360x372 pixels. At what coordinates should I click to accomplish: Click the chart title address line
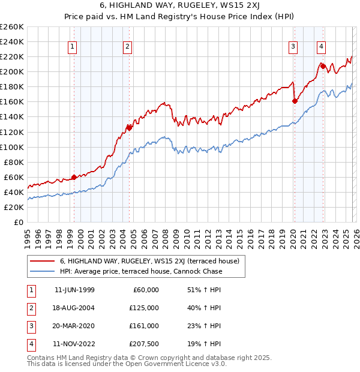point(179,7)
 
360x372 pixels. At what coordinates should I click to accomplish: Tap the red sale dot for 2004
point(129,127)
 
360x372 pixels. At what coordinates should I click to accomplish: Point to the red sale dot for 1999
point(74,177)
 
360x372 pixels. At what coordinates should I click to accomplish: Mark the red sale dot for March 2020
point(295,101)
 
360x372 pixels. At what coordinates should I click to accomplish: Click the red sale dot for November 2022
point(323,65)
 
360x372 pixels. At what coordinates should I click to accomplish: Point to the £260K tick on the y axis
point(12,27)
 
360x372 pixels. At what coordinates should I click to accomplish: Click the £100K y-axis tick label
point(12,147)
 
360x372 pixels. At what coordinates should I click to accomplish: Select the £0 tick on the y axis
point(20,222)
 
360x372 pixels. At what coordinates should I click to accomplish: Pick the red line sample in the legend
point(42,261)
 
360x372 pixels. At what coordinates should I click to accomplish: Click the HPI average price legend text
point(141,271)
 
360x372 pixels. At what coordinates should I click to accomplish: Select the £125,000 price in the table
point(144,308)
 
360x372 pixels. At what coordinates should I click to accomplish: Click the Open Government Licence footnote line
point(127,364)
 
